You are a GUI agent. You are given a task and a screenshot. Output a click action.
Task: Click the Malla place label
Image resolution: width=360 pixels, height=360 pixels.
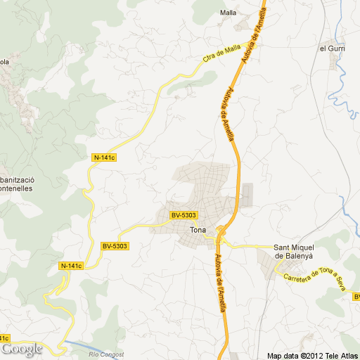pyautogui.click(x=228, y=13)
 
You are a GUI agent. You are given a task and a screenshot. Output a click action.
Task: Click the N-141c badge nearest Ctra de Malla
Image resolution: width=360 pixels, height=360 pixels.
pyautogui.click(x=104, y=157)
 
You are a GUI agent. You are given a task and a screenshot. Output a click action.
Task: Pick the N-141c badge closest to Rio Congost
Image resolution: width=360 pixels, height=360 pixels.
pyautogui.click(x=71, y=265)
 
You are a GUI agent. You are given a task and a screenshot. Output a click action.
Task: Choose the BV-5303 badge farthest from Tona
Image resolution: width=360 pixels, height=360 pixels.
pyautogui.click(x=115, y=245)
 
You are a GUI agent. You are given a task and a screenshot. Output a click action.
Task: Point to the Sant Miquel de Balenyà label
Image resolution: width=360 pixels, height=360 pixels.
pyautogui.click(x=293, y=251)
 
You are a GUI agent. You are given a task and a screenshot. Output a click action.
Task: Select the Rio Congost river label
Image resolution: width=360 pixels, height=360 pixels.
pyautogui.click(x=106, y=354)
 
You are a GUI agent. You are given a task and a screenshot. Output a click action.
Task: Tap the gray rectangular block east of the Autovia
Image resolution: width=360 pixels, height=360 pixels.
pyautogui.click(x=246, y=195)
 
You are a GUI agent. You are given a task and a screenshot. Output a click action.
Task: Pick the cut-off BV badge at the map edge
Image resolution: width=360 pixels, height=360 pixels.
pyautogui.click(x=356, y=297)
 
